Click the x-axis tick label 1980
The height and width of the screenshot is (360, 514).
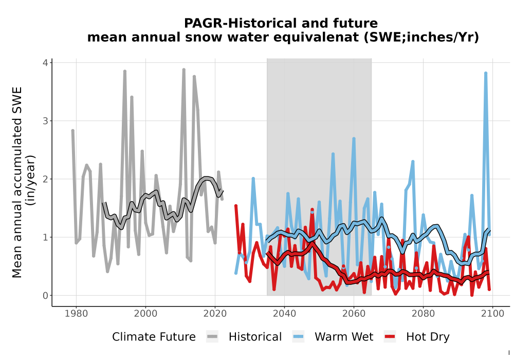77,314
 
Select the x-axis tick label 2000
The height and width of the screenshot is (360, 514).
145,314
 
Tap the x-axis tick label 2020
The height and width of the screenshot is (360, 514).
215,314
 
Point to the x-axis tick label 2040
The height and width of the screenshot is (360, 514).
285,314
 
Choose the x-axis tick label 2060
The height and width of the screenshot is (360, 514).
354,314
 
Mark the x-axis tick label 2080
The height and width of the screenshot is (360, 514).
423,314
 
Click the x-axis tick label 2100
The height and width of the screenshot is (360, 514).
493,314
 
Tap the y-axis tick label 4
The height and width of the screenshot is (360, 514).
45,63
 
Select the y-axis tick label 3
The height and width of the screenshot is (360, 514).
45,121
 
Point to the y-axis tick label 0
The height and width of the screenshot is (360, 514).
45,295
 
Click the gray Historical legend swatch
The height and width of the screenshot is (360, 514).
212,337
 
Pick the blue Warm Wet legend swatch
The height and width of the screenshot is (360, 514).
298,337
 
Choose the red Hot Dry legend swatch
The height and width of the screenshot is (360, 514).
390,337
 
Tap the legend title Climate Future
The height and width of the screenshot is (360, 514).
154,337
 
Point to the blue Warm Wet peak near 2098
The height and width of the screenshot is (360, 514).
486,73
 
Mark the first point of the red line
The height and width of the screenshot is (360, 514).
236,206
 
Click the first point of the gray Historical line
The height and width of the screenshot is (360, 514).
73,131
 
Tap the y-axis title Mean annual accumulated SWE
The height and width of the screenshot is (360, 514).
17,182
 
